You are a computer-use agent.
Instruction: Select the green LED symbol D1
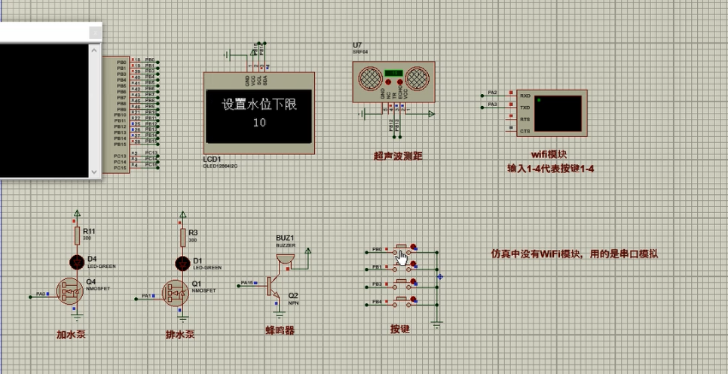pyautogui.click(x=182, y=263)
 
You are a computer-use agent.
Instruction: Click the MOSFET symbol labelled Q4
pyautogui.click(x=71, y=292)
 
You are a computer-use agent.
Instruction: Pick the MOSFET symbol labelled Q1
pyautogui.click(x=176, y=293)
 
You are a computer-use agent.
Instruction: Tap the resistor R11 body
pyautogui.click(x=77, y=237)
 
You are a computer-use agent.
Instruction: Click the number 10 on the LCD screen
pyautogui.click(x=259, y=122)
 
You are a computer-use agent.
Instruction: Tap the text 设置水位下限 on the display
pyautogui.click(x=258, y=105)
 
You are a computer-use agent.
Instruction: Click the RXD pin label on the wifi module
pyautogui.click(x=525, y=96)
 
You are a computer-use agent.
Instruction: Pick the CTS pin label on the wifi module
pyautogui.click(x=525, y=131)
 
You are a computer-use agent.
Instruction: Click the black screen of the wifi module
pyautogui.click(x=558, y=113)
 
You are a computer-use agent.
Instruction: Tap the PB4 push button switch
pyautogui.click(x=404, y=302)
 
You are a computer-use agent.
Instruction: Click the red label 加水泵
pyautogui.click(x=71, y=333)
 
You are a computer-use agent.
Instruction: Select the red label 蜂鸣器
pyautogui.click(x=280, y=330)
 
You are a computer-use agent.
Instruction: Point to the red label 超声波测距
pyautogui.click(x=398, y=156)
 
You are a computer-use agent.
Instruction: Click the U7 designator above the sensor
pyautogui.click(x=356, y=46)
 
